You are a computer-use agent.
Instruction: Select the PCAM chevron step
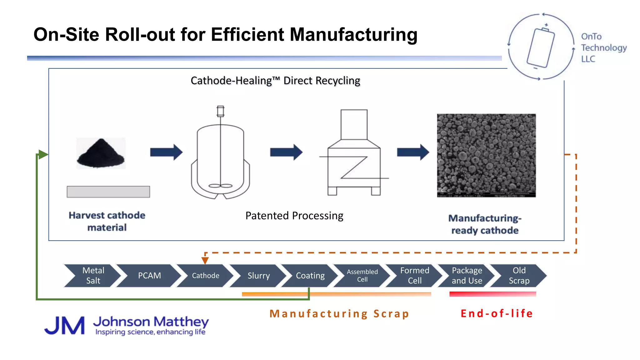(149, 276)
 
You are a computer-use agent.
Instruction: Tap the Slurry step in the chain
(258, 276)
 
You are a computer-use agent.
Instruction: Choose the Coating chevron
(310, 276)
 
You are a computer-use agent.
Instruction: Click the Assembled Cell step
(362, 276)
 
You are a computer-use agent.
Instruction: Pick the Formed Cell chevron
(415, 276)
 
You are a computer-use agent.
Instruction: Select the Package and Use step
(467, 276)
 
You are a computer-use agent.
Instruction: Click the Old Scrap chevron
(519, 276)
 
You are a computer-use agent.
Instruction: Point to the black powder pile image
(101, 153)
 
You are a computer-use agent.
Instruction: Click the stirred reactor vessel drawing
(221, 156)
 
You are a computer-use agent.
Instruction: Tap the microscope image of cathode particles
(486, 155)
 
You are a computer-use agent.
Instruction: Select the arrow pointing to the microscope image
(413, 152)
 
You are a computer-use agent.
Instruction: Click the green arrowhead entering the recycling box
(43, 154)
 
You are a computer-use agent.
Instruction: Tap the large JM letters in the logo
(65, 326)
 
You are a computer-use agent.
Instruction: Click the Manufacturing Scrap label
(339, 313)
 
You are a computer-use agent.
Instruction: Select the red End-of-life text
(497, 313)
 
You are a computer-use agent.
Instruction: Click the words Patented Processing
(294, 216)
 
